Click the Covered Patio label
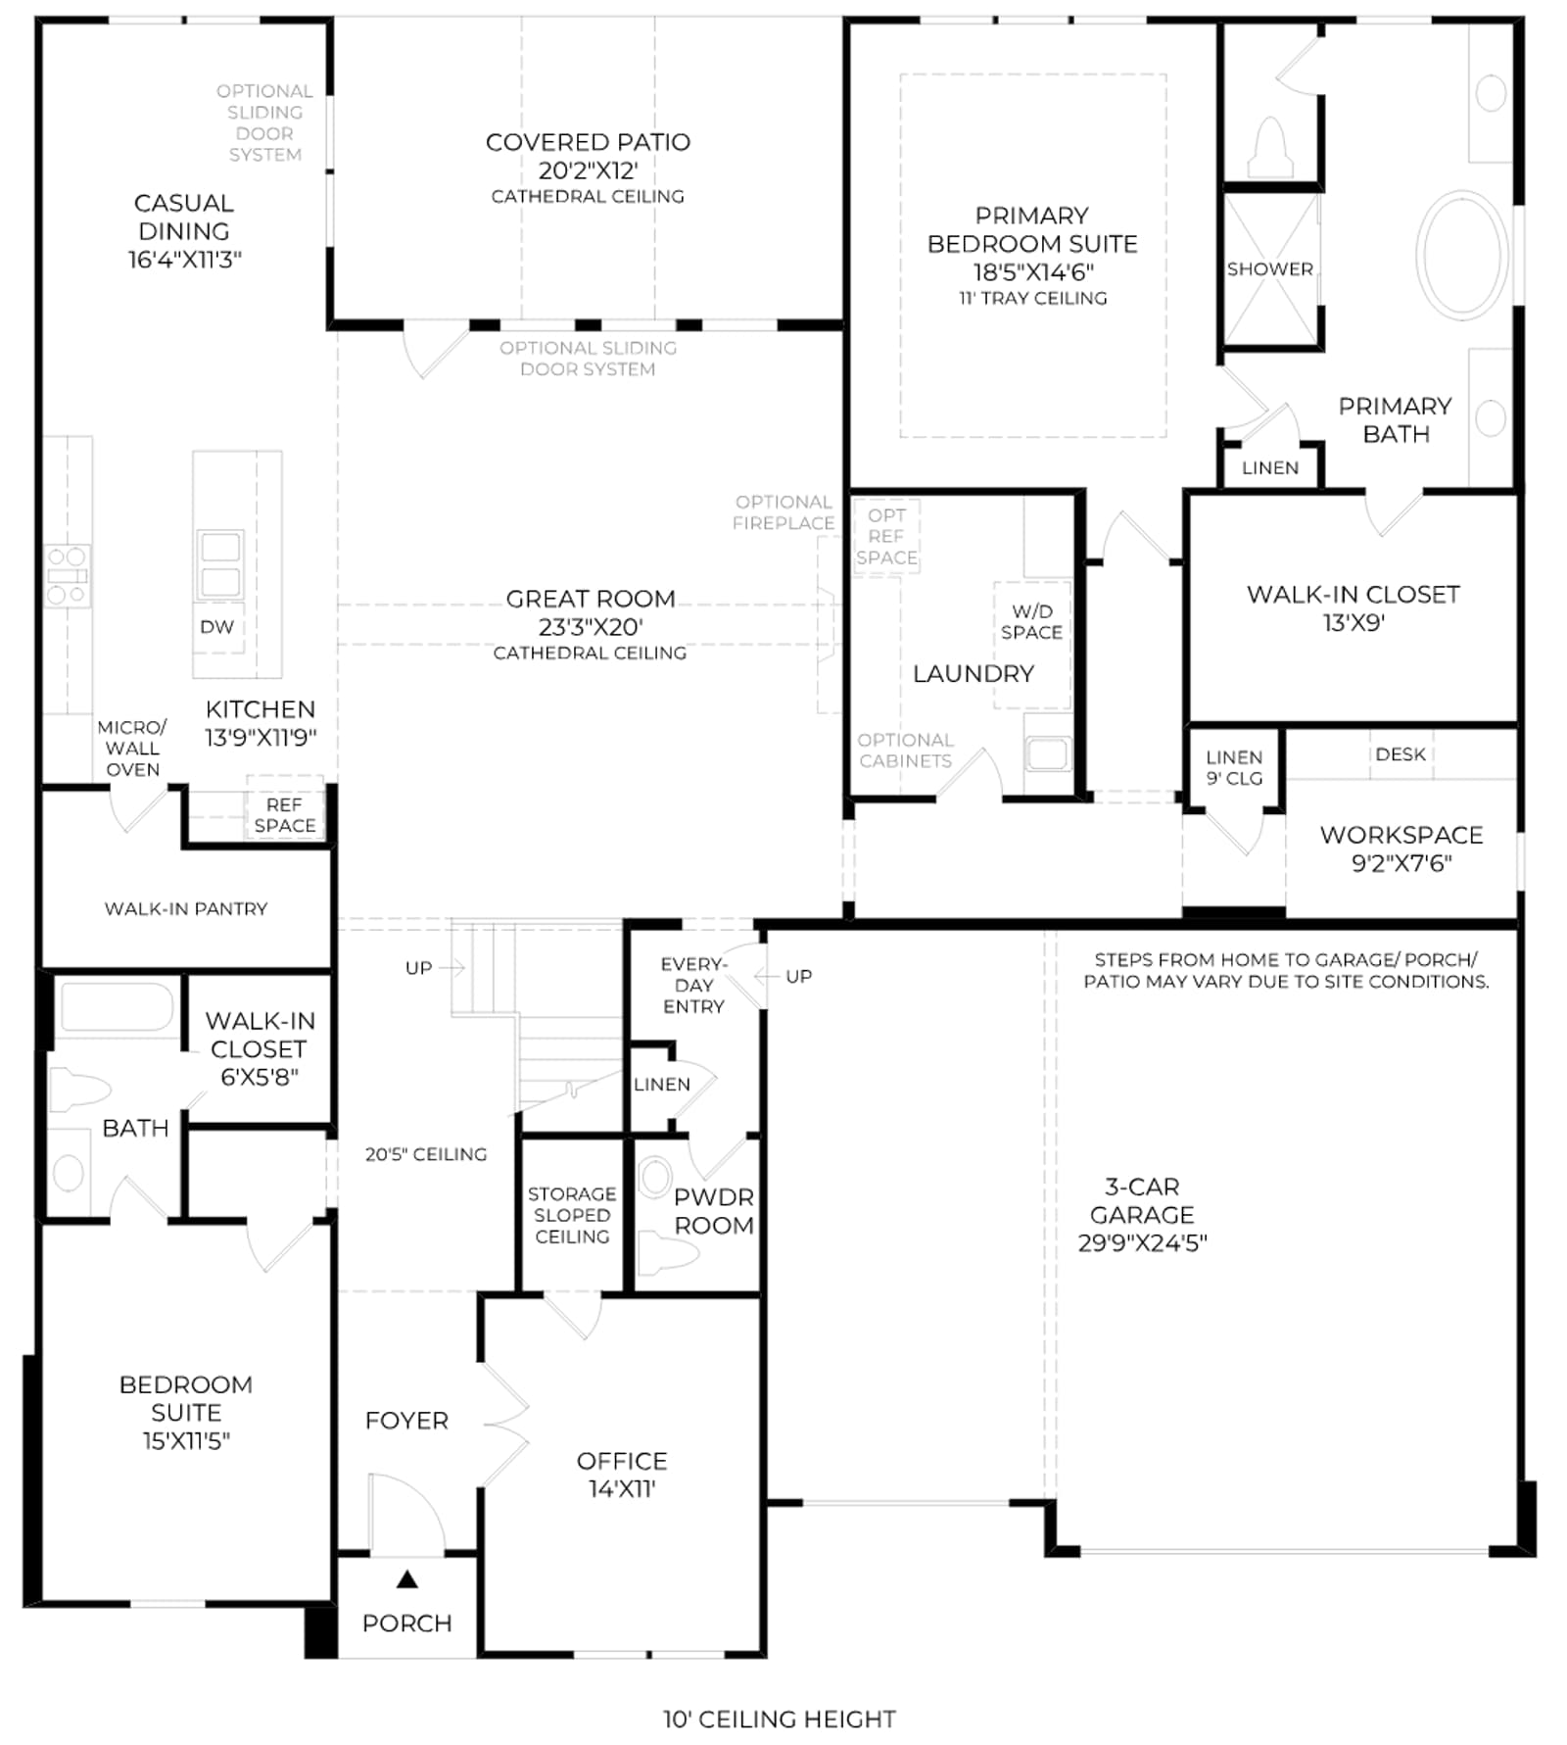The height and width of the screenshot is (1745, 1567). [x=588, y=168]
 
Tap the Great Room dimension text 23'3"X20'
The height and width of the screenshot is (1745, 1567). [x=591, y=627]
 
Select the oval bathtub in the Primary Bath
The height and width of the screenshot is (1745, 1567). [x=1462, y=254]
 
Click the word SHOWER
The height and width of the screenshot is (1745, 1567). [x=1270, y=268]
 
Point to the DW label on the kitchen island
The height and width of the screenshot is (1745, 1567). [x=216, y=627]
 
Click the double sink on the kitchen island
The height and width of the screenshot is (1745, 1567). [x=220, y=564]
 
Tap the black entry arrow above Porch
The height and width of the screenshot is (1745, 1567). [x=407, y=1578]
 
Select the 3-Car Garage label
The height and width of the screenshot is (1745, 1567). [x=1142, y=1215]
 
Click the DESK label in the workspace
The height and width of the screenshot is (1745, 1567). [x=1401, y=754]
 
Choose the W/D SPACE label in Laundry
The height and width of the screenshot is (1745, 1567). [x=1031, y=622]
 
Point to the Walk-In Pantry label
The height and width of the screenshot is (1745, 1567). [x=186, y=909]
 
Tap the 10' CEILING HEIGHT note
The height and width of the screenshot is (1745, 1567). [x=780, y=1719]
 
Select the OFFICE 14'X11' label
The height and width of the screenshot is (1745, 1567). [x=622, y=1475]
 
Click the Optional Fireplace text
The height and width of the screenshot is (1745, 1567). [x=783, y=512]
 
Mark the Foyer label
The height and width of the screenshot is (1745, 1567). [x=406, y=1421]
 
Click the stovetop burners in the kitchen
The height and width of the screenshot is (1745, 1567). [x=68, y=575]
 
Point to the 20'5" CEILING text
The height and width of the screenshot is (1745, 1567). [x=426, y=1154]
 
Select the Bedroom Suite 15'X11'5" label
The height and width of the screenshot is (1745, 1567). [x=186, y=1412]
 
